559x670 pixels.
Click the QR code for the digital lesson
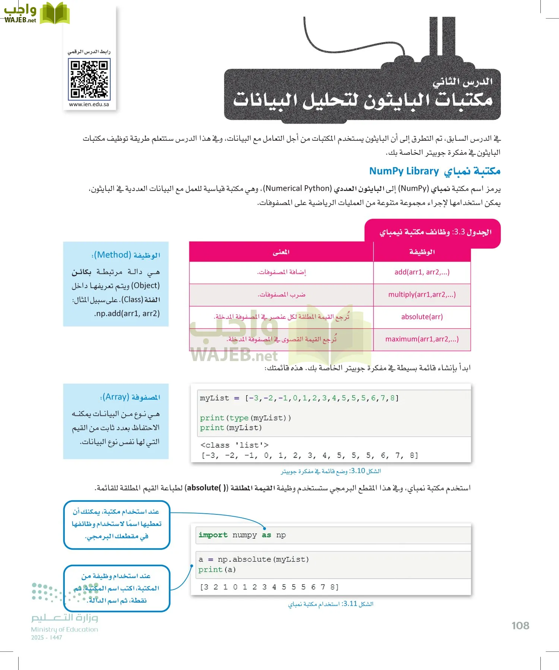click(89, 79)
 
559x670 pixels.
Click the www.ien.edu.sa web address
click(89, 105)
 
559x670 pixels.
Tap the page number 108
click(520, 626)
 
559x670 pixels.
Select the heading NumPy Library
click(404, 171)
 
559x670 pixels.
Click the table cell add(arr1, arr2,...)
click(422, 272)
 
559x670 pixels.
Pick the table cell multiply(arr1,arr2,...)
click(422, 294)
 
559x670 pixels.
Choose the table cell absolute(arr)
click(422, 317)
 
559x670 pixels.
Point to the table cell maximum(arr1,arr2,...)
click(422, 339)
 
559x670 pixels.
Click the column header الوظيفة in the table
click(422, 252)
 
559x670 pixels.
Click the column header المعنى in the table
click(281, 252)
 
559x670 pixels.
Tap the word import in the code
click(213, 535)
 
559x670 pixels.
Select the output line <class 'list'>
click(234, 445)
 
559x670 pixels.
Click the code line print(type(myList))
click(245, 418)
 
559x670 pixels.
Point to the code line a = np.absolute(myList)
click(253, 559)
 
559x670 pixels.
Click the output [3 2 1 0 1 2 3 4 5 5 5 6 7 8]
click(269, 587)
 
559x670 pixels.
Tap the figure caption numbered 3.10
click(331, 471)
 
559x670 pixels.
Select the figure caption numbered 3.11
click(331, 604)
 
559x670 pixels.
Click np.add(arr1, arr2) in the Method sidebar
click(127, 313)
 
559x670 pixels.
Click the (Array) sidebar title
click(130, 397)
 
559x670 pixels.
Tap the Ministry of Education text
click(64, 629)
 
